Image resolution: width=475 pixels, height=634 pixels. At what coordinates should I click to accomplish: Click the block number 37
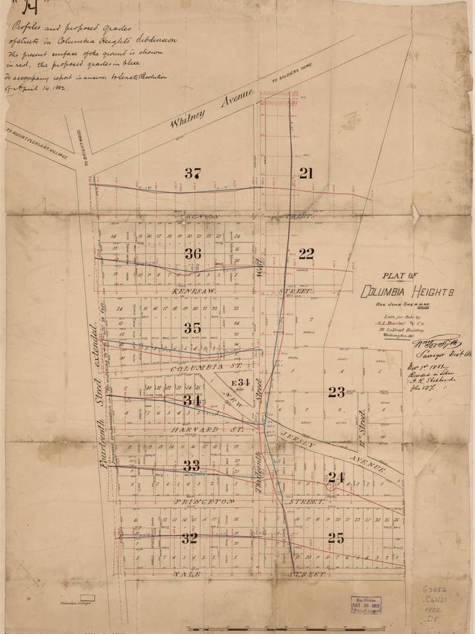193,174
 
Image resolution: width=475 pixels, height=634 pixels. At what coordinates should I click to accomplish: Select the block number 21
306,173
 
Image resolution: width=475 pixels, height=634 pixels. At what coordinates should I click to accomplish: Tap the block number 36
193,254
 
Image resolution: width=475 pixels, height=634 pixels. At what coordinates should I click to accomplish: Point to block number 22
306,254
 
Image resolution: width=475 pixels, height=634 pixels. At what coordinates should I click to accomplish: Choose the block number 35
193,328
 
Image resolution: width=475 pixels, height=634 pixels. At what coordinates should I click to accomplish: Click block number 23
336,392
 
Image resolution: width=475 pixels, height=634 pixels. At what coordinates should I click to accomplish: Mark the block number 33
191,466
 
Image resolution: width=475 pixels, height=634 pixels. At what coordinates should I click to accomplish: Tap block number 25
336,538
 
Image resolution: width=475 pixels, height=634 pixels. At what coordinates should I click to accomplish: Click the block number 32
190,538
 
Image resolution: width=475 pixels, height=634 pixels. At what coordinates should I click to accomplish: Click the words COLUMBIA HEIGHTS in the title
408,292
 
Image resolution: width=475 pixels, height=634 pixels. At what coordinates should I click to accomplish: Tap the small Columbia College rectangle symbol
87,598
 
